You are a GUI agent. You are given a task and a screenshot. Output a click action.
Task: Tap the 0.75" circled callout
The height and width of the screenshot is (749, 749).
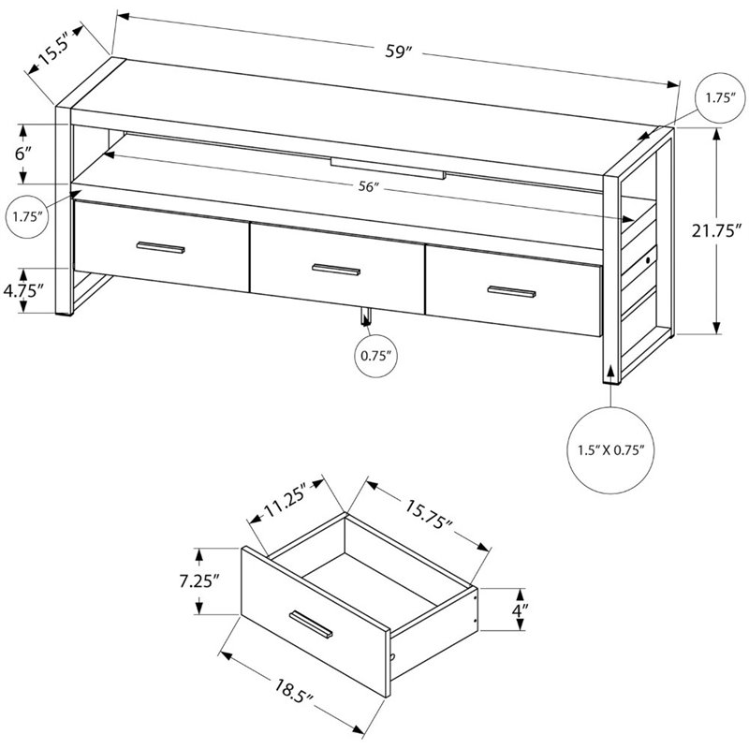coord(373,356)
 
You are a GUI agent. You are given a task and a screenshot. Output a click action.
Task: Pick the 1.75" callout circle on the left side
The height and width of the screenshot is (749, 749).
coord(28,217)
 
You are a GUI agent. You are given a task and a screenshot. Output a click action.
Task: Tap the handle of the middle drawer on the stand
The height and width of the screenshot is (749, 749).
coord(336,270)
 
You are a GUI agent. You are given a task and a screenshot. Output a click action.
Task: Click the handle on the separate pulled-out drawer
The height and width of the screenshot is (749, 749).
coord(314,624)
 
